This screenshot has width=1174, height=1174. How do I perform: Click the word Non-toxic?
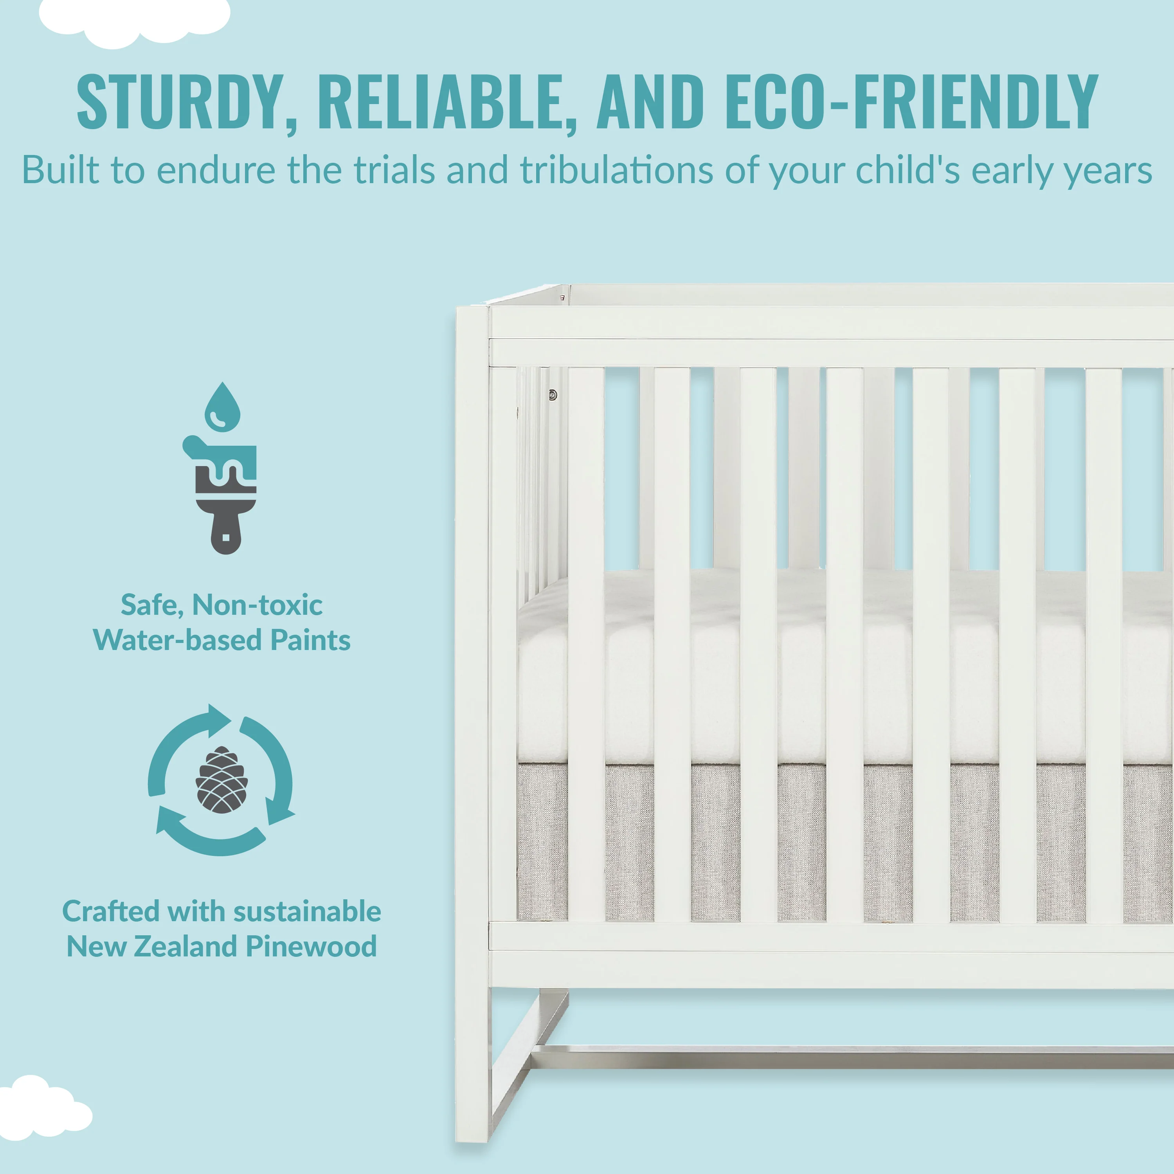coord(257,605)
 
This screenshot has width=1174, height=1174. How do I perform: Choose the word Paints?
coord(310,640)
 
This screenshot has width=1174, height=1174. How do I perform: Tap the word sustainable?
coord(308,911)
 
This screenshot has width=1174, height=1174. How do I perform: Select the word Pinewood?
coord(311,946)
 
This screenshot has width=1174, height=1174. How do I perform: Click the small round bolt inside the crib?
coord(552,395)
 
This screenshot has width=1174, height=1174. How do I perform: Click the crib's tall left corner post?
coord(472,723)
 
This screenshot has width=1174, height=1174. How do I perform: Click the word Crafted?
coord(111,911)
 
